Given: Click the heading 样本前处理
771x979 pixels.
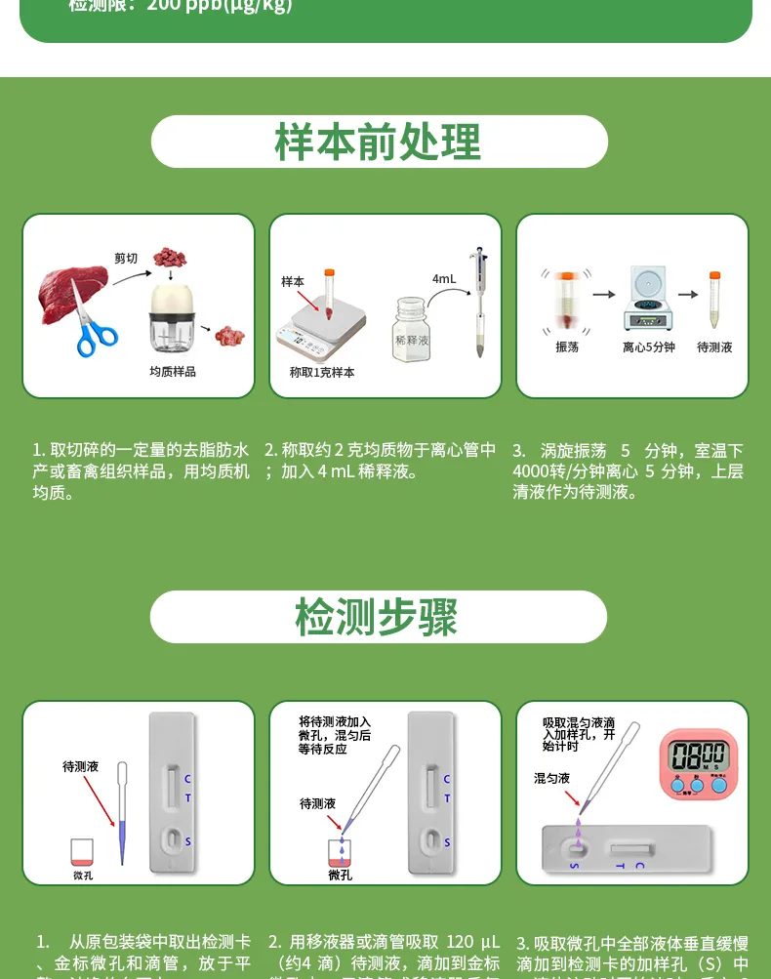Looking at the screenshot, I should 379,143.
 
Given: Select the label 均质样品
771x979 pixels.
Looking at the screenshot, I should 173,372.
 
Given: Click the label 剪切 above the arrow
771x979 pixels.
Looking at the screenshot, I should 126,259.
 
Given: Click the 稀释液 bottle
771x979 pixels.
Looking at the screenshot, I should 412,332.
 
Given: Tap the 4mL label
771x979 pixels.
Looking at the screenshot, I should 444,279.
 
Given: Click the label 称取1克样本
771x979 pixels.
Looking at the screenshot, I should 322,372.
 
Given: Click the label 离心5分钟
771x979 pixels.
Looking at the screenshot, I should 649,347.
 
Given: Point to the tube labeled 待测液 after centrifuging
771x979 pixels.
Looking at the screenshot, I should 714,303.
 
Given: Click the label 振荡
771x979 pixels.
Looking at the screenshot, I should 567,347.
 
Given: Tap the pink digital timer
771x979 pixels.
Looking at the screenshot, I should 699,761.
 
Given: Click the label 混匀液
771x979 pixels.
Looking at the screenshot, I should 551,778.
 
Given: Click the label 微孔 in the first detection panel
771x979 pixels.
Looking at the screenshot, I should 83,875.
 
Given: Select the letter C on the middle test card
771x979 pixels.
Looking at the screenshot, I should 447,779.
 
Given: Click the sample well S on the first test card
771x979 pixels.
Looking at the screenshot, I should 171,839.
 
